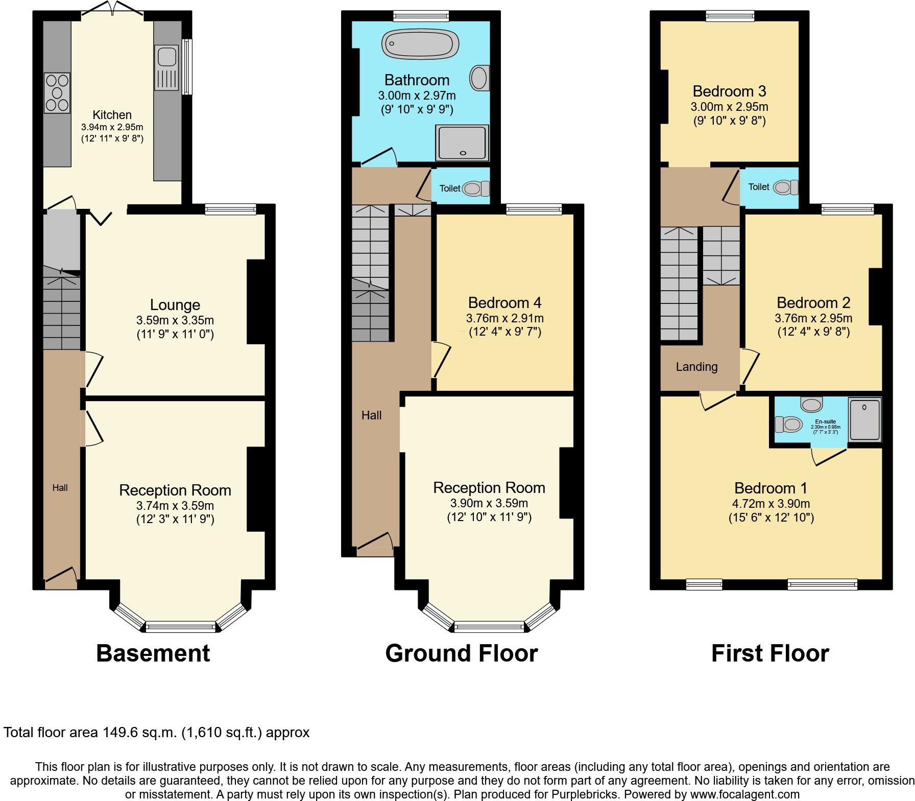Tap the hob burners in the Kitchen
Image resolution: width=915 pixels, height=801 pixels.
click(x=57, y=93)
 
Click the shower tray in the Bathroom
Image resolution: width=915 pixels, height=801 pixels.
click(x=463, y=142)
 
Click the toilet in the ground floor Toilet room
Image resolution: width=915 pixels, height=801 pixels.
click(x=475, y=189)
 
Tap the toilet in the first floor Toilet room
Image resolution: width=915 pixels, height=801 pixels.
click(x=785, y=187)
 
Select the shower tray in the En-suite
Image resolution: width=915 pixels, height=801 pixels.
click(x=864, y=419)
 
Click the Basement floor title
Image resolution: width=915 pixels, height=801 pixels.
click(x=153, y=653)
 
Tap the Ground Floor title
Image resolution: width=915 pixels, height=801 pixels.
click(x=461, y=653)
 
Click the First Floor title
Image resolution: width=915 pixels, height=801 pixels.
click(x=769, y=653)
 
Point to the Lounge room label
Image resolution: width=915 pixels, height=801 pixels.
click(x=175, y=305)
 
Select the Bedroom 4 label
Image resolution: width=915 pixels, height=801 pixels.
click(x=504, y=302)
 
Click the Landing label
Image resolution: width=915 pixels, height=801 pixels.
click(x=696, y=367)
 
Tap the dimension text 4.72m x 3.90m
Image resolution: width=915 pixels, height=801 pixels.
click(x=770, y=504)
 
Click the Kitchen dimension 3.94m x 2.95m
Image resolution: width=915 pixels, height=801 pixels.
click(x=112, y=127)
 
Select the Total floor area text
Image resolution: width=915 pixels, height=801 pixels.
click(x=156, y=733)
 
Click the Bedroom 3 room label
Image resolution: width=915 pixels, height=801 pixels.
click(x=729, y=91)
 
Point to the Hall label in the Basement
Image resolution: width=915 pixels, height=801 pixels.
click(x=60, y=488)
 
